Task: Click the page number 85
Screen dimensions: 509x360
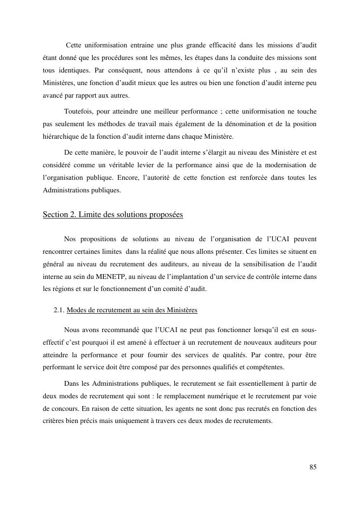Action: click(313, 467)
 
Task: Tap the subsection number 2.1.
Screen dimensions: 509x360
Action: click(59, 310)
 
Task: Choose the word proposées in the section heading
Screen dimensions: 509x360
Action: click(167, 215)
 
